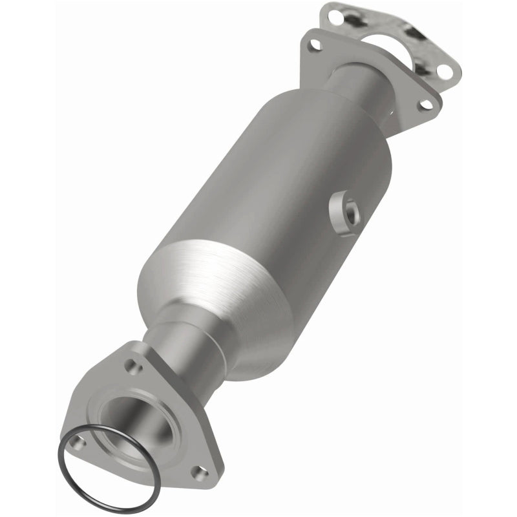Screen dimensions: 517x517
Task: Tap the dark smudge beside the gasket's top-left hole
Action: click(x=352, y=20)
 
